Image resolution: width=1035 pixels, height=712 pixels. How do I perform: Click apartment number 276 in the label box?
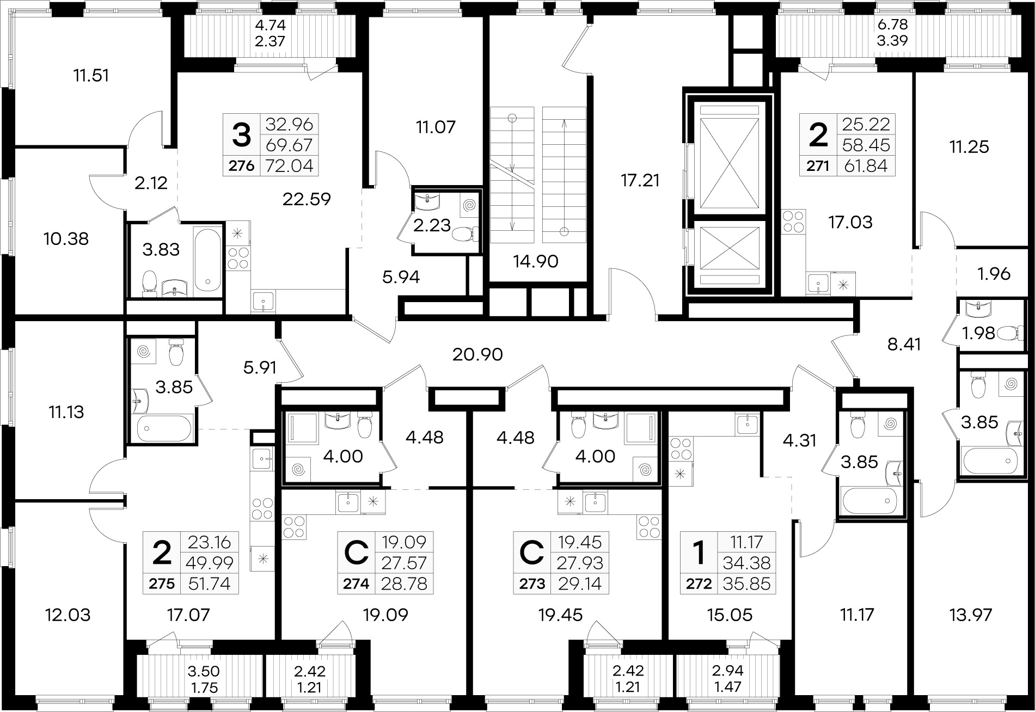(241, 165)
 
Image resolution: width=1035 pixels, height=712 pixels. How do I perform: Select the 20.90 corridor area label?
(477, 355)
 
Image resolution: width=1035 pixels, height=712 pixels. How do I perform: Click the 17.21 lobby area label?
(641, 180)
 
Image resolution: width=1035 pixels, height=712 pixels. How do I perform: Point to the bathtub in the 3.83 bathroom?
(207, 260)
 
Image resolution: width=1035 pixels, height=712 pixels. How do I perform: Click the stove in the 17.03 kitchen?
(792, 222)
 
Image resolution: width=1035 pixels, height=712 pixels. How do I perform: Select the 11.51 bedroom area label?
(91, 75)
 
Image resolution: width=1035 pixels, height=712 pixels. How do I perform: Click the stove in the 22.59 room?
(237, 258)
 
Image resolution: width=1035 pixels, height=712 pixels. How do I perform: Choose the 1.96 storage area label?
(994, 274)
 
